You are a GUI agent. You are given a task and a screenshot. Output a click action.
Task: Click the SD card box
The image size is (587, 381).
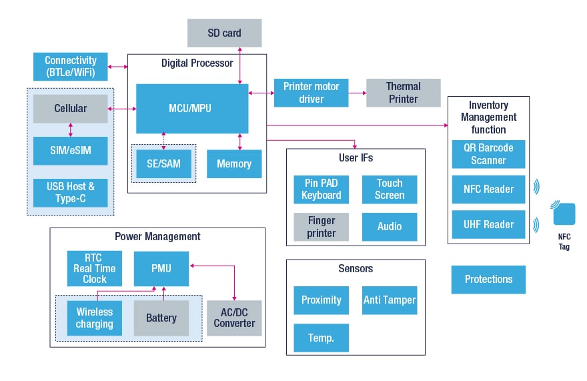224,33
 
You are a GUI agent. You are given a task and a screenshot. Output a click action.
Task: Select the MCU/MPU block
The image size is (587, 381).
192,108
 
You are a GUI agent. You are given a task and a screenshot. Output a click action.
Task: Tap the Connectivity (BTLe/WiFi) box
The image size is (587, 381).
71,66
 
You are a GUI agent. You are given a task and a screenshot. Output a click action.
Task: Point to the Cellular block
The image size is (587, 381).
71,108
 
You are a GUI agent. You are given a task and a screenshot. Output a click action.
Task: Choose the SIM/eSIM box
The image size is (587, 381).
71,150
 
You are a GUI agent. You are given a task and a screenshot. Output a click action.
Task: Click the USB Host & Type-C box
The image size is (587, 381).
71,192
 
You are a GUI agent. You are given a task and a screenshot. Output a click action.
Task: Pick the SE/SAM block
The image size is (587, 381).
163,163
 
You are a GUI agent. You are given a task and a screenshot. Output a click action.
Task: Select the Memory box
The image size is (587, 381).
234,163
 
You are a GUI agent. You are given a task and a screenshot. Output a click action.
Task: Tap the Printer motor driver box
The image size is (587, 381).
311,93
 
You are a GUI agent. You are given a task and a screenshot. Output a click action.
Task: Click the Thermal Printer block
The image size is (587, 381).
403,93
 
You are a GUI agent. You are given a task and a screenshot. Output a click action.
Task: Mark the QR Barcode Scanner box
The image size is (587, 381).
488,153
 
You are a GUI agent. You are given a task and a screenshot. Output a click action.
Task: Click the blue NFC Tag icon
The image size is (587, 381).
564,214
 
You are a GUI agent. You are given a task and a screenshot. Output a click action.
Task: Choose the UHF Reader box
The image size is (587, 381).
488,224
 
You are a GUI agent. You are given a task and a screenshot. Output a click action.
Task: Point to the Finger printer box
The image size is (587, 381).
322,227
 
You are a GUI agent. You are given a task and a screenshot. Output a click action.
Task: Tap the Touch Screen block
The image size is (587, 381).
390,189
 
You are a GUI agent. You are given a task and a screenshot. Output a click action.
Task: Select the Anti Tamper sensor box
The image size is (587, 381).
390,300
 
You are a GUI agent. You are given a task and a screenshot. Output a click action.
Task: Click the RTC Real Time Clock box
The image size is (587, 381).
95,268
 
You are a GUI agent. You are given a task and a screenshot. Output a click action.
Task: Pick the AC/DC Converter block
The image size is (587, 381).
234,318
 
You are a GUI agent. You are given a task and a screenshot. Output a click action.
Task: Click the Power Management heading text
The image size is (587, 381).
157,236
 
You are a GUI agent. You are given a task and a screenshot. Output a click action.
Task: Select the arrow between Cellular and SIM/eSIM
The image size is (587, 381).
71,129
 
